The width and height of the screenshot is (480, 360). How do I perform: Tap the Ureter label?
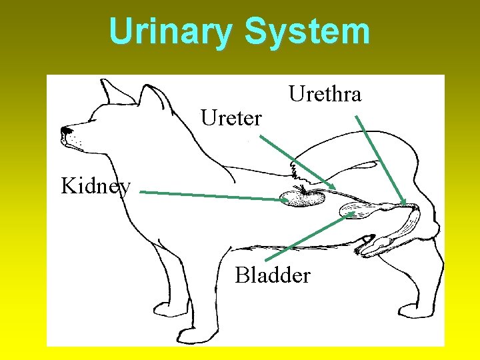coord(231,119)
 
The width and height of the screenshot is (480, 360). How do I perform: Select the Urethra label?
coord(325,95)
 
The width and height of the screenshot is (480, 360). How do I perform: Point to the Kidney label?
coord(95,185)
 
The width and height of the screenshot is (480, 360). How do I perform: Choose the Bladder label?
coord(272,275)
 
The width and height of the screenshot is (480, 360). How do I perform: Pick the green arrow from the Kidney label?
coord(213,195)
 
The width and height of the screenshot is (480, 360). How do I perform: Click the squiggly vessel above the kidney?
coord(294,173)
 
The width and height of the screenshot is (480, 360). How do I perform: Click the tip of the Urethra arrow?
coord(405,204)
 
